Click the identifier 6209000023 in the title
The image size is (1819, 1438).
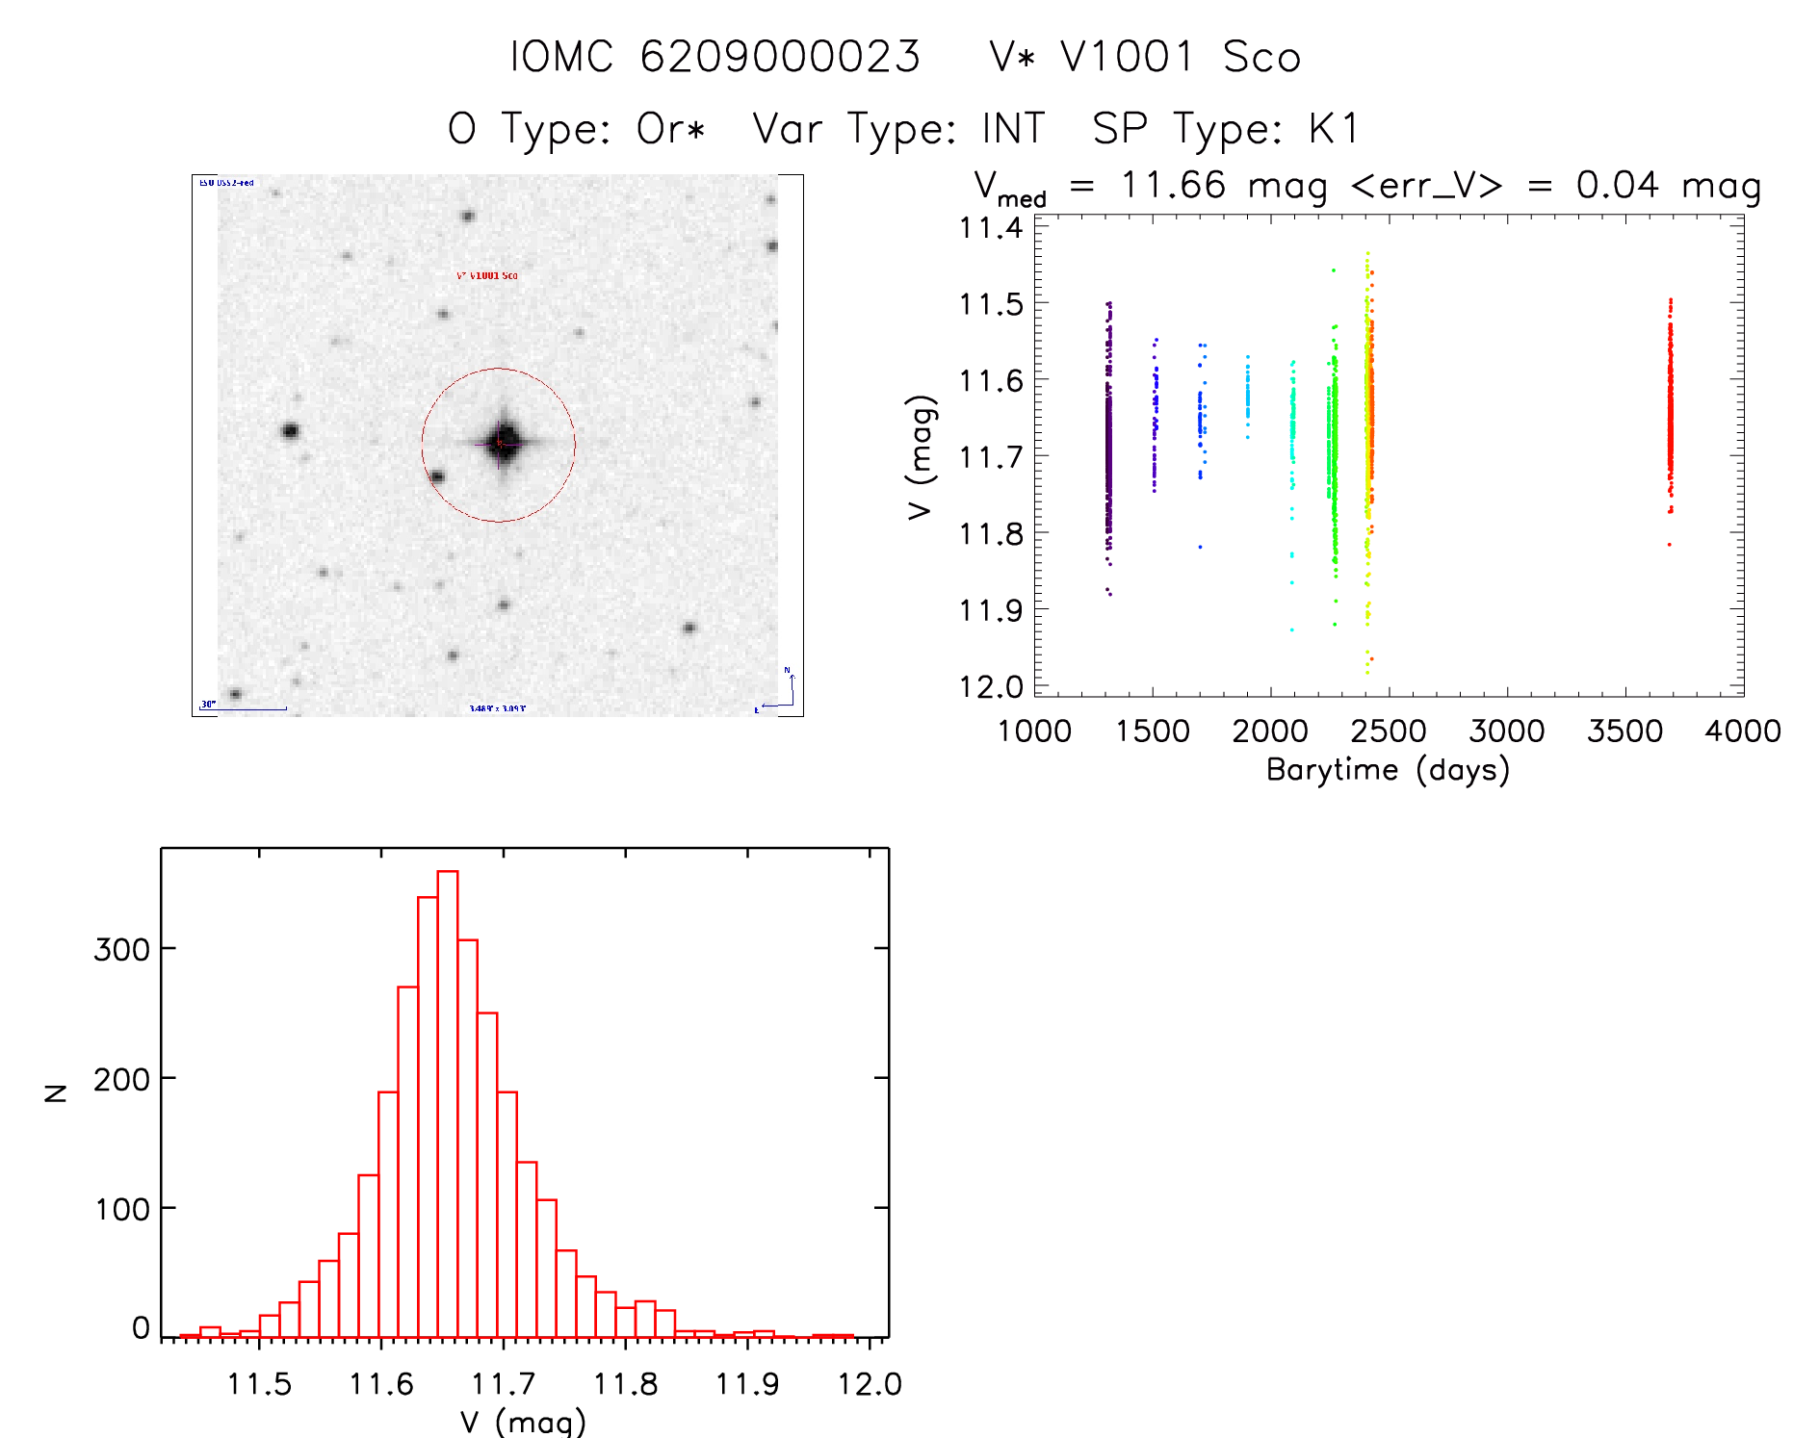coord(780,57)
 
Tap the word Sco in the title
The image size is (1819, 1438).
coord(1261,57)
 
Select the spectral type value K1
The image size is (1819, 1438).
coord(1334,129)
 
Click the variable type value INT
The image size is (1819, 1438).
coord(1013,129)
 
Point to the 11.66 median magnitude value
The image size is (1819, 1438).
coord(1173,185)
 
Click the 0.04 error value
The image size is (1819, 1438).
coord(1618,185)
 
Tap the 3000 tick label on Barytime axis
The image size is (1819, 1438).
coord(1506,732)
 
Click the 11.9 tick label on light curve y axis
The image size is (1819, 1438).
coord(991,610)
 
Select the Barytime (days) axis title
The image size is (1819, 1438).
coord(1388,770)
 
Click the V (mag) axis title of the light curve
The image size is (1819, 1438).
coord(922,457)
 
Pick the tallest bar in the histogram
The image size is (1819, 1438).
coord(448,1103)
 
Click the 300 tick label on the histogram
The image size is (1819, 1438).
coord(121,950)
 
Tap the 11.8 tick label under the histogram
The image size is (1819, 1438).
coord(625,1384)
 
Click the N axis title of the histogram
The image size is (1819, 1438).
coord(57,1092)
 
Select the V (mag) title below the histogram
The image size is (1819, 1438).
coord(523,1422)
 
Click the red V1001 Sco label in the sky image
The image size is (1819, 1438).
coord(487,275)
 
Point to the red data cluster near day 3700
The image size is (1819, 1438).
coord(1670,414)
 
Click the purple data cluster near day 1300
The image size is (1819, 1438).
coord(1108,443)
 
